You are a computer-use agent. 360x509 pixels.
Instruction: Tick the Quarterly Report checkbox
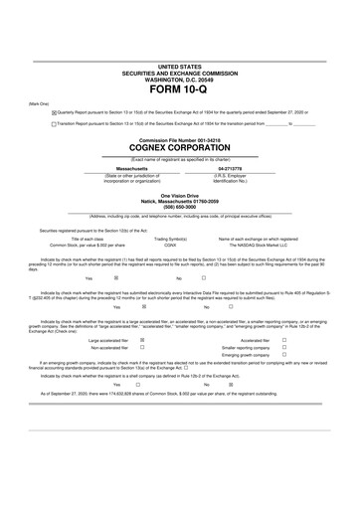click(x=54, y=113)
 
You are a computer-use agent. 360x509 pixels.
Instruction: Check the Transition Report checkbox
click(x=54, y=124)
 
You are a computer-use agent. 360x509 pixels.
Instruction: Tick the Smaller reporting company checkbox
click(x=284, y=348)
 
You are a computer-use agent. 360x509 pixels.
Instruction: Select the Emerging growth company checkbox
click(x=284, y=356)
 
